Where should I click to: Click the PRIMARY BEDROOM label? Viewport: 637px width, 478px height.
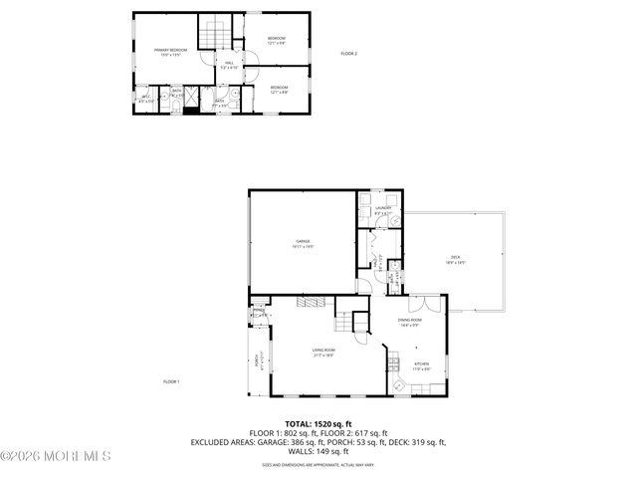pyautogui.click(x=170, y=51)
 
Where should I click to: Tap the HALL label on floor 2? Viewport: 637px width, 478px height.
pyautogui.click(x=229, y=65)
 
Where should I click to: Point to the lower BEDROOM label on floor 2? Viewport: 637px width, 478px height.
pyautogui.click(x=280, y=90)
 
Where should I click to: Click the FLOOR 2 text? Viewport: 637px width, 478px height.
pyautogui.click(x=348, y=53)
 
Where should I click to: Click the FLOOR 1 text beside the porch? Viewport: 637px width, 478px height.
pyautogui.click(x=171, y=381)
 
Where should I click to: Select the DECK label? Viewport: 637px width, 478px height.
pyautogui.click(x=456, y=261)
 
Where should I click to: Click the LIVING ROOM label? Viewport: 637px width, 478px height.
pyautogui.click(x=322, y=352)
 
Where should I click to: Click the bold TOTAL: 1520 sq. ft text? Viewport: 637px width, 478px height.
pyautogui.click(x=318, y=423)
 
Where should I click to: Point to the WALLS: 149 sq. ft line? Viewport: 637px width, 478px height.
pyautogui.click(x=318, y=451)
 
